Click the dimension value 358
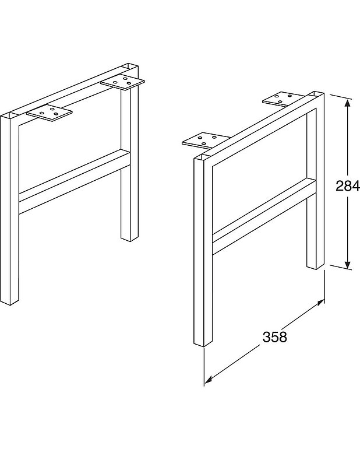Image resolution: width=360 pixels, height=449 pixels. coord(274,337)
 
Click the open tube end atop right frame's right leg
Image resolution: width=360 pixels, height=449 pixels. coord(316,94)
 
